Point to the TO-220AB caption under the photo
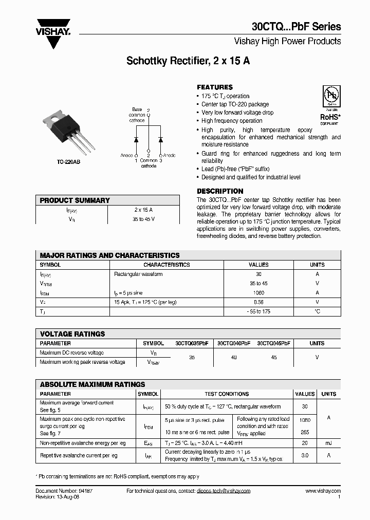click(x=68, y=162)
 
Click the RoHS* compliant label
click(x=329, y=119)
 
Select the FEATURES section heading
click(x=215, y=87)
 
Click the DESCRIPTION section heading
click(x=220, y=191)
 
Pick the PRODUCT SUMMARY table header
click(x=75, y=200)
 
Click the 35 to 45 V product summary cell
click(x=143, y=219)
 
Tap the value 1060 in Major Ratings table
click(x=258, y=293)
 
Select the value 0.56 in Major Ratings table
click(x=258, y=302)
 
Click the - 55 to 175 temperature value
click(x=258, y=311)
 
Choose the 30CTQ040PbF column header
click(x=234, y=343)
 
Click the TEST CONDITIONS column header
click(x=227, y=394)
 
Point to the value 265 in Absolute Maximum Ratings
click(x=305, y=433)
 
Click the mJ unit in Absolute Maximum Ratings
click(x=328, y=442)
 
